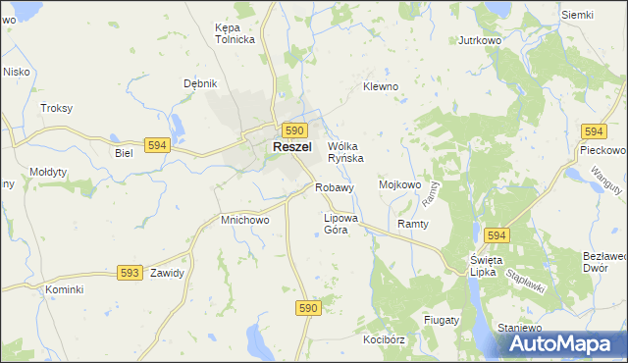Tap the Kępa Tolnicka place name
235,33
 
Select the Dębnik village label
199,83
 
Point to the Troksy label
56,108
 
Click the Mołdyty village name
48,172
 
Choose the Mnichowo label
245,221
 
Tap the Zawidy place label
167,273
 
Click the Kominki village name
65,290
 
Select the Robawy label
334,187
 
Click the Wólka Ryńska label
345,151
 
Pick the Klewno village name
381,86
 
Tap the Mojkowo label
399,183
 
